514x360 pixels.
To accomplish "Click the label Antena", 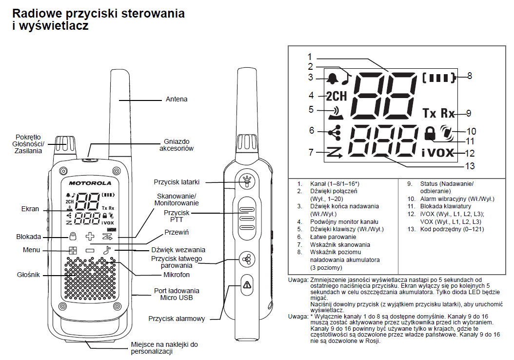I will (177, 99).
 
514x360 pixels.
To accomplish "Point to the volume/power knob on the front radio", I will (64, 145).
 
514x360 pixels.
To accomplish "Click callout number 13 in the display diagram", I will (469, 166).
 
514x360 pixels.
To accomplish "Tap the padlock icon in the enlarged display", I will (430, 133).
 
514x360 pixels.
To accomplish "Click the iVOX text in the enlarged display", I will (438, 152).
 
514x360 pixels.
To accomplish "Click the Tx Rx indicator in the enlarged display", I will (438, 113).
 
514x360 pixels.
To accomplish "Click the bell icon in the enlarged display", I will (333, 78).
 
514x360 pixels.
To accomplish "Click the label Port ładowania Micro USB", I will (177, 294).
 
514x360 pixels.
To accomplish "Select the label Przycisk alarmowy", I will (177, 319).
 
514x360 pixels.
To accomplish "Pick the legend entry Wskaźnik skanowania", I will (340, 244).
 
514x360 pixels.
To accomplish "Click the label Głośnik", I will (28, 274).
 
